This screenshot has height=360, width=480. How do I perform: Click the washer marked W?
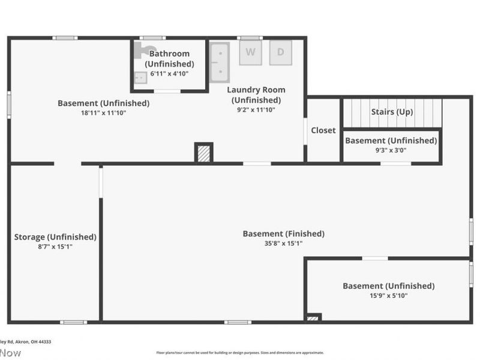pyautogui.click(x=250, y=52)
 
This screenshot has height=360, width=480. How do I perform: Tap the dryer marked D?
pyautogui.click(x=280, y=52)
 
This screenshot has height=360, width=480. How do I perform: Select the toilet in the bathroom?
pyautogui.click(x=146, y=50)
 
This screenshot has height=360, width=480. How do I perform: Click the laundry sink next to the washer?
pyautogui.click(x=220, y=62)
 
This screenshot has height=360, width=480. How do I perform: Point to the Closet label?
pyautogui.click(x=323, y=130)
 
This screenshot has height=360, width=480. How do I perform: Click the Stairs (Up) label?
pyautogui.click(x=391, y=112)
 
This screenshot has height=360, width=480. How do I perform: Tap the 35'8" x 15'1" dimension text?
pyautogui.click(x=283, y=244)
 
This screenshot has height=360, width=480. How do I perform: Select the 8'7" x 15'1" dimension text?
pyautogui.click(x=55, y=247)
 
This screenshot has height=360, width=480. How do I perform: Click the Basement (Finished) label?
pyautogui.click(x=283, y=233)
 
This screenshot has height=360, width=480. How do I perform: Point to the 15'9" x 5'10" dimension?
pyautogui.click(x=388, y=296)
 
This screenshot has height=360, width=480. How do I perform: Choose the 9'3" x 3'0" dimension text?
pyautogui.click(x=391, y=151)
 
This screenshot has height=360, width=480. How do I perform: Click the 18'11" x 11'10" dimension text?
pyautogui.click(x=103, y=113)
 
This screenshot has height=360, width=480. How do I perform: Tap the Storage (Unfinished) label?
pyautogui.click(x=55, y=237)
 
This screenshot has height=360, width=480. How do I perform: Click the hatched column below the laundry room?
pyautogui.click(x=204, y=153)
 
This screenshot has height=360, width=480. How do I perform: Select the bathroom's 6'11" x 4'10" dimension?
pyautogui.click(x=169, y=74)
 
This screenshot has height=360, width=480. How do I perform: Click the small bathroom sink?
pyautogui.click(x=140, y=77)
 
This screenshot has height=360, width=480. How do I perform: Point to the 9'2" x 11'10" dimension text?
pyautogui.click(x=256, y=110)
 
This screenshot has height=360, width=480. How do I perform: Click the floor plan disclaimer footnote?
pyautogui.click(x=240, y=353)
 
